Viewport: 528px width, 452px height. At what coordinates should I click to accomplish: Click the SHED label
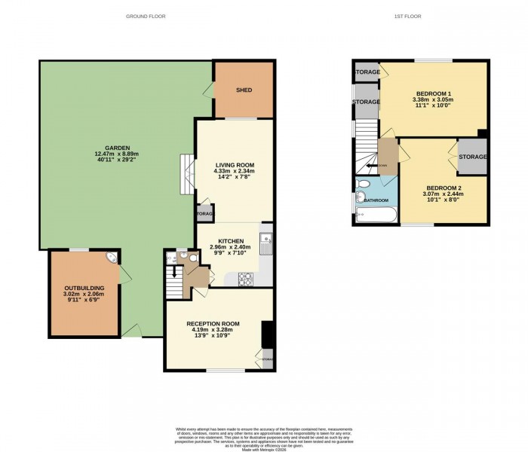pyautogui.click(x=244, y=90)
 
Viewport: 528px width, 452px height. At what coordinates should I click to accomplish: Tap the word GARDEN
pyautogui.click(x=118, y=147)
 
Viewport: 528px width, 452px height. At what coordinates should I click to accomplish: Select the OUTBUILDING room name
pyautogui.click(x=84, y=288)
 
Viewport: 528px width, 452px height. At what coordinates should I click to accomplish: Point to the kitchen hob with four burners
pyautogui.click(x=245, y=280)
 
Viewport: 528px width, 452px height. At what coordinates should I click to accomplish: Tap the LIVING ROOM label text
pyautogui.click(x=235, y=165)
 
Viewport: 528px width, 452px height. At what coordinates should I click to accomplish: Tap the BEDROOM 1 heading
pyautogui.click(x=432, y=92)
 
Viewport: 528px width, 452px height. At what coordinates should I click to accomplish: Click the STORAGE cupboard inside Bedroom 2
pyautogui.click(x=472, y=157)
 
